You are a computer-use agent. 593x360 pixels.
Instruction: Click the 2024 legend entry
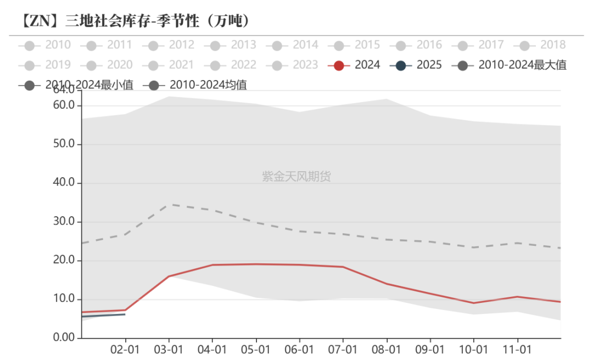[x=355, y=65]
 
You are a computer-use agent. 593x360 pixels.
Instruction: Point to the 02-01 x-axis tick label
[x=125, y=350]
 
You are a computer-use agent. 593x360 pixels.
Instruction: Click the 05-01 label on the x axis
[x=255, y=350]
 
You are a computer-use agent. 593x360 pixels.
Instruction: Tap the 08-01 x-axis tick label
[x=387, y=350]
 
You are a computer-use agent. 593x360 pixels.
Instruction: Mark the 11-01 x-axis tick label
[x=517, y=350]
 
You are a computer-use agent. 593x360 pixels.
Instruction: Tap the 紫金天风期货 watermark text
[x=296, y=176]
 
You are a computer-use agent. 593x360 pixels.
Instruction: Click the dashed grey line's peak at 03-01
[x=169, y=205]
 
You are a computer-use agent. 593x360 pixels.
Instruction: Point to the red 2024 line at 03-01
[x=169, y=276]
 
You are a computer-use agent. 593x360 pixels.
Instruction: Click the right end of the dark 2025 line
[x=125, y=314]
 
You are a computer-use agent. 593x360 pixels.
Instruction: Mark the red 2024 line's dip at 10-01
[x=473, y=303]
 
